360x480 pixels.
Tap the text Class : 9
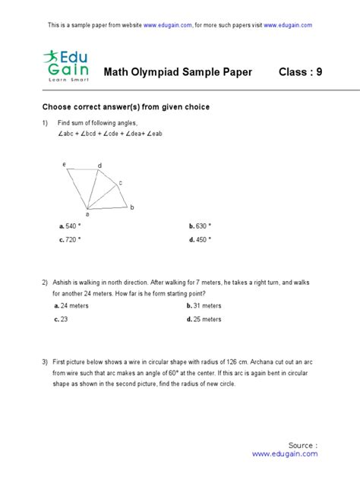(300, 73)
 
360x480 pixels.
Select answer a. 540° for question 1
(70, 226)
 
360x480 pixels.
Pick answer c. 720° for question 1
(70, 239)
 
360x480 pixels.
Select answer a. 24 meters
(72, 305)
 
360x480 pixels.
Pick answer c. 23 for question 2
(64, 320)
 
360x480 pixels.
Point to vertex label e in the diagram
(64, 164)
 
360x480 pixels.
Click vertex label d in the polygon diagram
(99, 166)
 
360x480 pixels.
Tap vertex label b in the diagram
(132, 207)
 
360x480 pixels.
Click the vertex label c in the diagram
(120, 183)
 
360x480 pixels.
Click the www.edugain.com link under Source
(284, 454)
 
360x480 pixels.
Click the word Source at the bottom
(302, 444)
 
